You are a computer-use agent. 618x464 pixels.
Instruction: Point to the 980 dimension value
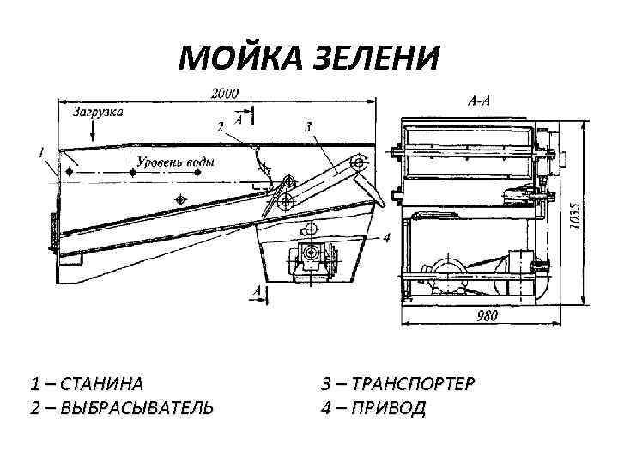[487, 315]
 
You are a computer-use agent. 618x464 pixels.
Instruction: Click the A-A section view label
[479, 101]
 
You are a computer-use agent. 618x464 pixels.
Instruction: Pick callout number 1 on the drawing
[41, 153]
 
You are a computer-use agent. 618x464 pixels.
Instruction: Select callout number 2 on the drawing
[220, 127]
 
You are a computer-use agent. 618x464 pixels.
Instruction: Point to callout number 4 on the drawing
[387, 237]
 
